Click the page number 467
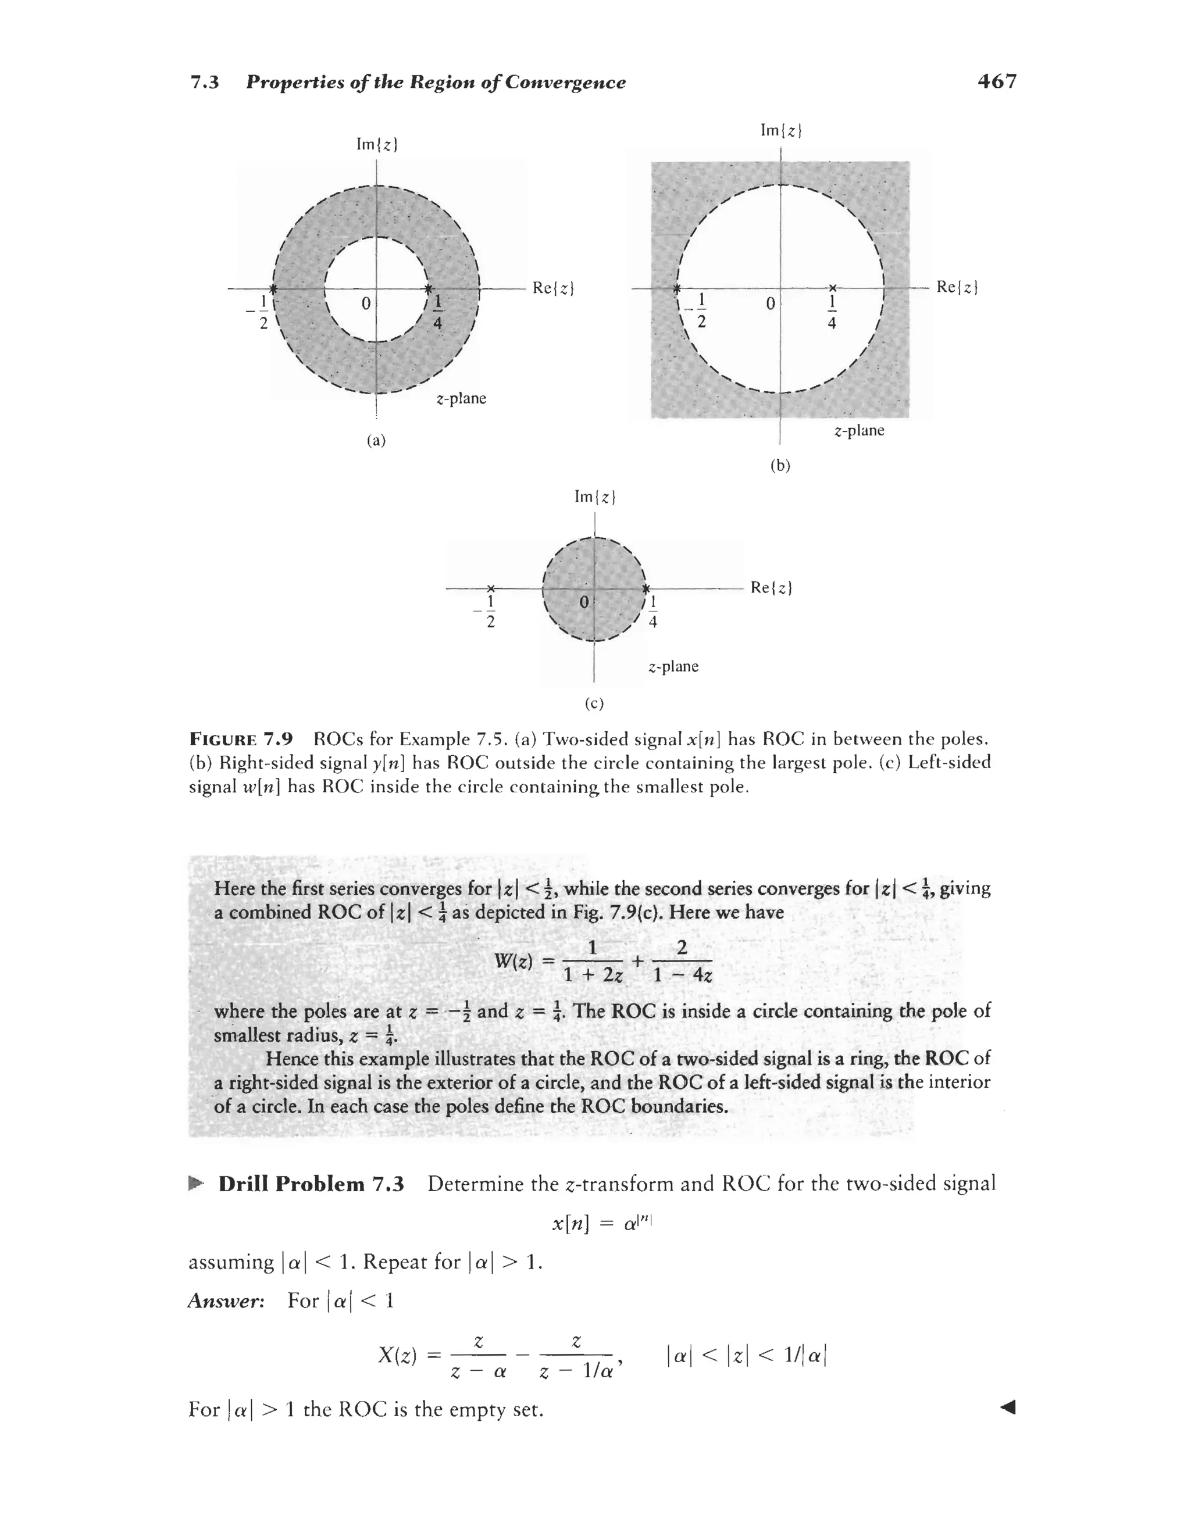[x=997, y=82]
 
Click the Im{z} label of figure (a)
[x=377, y=145]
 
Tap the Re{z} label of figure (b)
[x=957, y=287]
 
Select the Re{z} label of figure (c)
[x=771, y=587]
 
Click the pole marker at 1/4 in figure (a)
[x=428, y=288]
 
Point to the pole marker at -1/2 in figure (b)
[x=676, y=288]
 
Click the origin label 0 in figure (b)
[x=771, y=304]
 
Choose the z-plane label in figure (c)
[x=673, y=666]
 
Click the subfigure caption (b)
[x=780, y=466]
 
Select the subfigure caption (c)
[x=594, y=703]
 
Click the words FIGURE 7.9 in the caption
[x=241, y=739]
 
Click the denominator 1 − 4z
[x=682, y=976]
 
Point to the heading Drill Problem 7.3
[x=311, y=1184]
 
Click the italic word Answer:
[x=226, y=1301]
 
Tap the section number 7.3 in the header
[x=205, y=83]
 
